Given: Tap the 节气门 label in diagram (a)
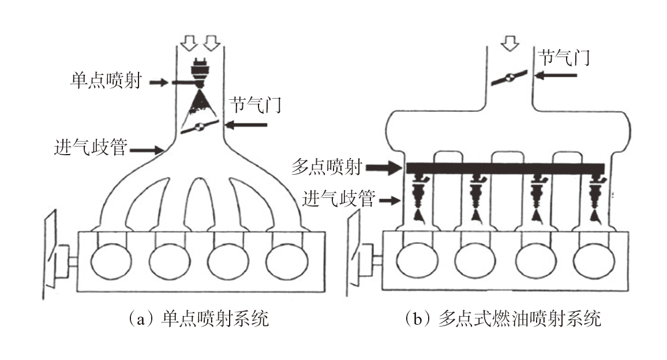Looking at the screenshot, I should [254, 105].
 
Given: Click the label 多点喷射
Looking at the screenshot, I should [327, 168].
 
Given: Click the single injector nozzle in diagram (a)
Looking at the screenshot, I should [200, 73].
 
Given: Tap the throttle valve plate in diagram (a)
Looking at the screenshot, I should [200, 128].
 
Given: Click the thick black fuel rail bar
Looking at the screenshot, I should [505, 168].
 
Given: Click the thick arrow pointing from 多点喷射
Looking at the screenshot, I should [386, 168].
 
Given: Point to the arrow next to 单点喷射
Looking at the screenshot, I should [160, 82].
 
